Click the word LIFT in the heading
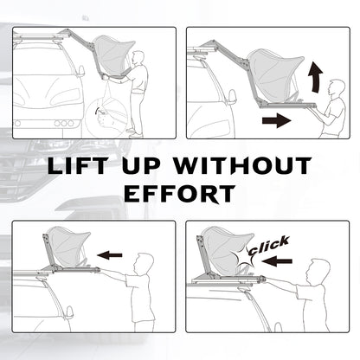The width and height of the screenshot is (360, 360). (77, 166)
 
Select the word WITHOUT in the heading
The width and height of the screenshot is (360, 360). (241, 166)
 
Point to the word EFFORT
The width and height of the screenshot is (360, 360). (180, 194)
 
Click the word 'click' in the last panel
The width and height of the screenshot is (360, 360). (269, 246)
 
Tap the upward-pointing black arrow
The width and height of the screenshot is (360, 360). (315, 78)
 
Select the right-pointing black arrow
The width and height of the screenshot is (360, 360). (276, 120)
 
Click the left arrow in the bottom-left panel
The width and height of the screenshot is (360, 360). (110, 255)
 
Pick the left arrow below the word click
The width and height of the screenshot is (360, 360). (277, 261)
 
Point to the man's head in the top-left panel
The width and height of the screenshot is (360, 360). (138, 59)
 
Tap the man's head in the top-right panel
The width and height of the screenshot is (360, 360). (336, 88)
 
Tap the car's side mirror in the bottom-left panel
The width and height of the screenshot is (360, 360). (69, 312)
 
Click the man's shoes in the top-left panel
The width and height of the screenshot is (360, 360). (135, 132)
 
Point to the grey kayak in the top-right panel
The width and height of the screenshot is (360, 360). (273, 75)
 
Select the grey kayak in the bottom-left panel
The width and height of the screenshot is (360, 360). (68, 246)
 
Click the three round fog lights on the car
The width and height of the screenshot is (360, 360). (63, 123)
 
